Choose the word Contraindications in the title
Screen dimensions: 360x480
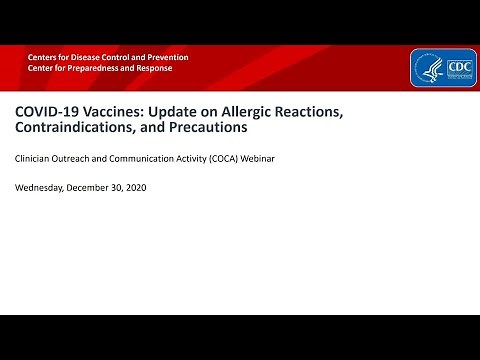(79, 128)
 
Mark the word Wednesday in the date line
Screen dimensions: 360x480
(40, 187)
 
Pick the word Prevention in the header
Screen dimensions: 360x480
(163, 57)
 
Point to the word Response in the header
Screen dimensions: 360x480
(152, 68)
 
